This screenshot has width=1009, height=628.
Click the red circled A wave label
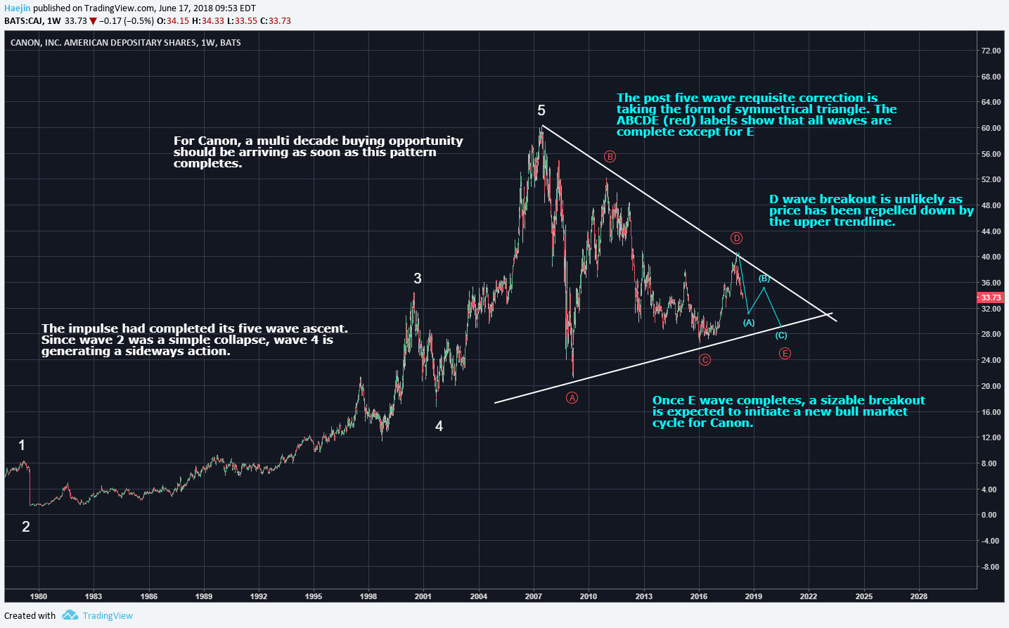[572, 398]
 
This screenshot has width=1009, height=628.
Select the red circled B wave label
[610, 157]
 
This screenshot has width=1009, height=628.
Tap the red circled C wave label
[705, 360]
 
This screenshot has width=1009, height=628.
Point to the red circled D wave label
[736, 238]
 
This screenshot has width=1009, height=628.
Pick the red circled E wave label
[785, 353]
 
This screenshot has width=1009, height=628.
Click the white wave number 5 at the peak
[541, 110]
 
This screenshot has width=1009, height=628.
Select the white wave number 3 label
[418, 278]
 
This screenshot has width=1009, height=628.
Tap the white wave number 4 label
[439, 426]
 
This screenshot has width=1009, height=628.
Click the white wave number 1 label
[22, 445]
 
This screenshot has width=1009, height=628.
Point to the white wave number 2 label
[26, 527]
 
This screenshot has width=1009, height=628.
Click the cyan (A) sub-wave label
[749, 323]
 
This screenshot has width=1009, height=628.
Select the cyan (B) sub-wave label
[764, 279]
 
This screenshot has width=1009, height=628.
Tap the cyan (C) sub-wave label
[781, 335]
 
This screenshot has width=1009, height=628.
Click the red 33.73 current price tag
[991, 297]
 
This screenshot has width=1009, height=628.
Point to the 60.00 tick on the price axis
[991, 128]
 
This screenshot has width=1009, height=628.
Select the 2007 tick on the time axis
[534, 596]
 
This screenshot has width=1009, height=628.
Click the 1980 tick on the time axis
[39, 596]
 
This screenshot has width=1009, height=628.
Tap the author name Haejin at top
[18, 8]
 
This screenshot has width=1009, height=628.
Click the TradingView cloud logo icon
[70, 615]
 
